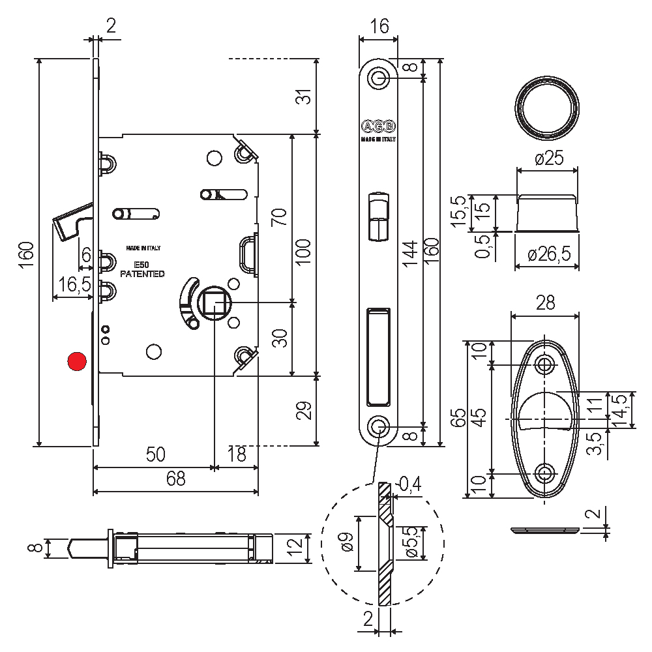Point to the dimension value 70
(x=280, y=216)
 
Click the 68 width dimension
(x=175, y=479)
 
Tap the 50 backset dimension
(x=155, y=454)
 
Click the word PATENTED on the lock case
(x=142, y=274)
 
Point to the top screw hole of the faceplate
(x=378, y=78)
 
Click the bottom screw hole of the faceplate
(x=378, y=426)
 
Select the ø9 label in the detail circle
(x=347, y=542)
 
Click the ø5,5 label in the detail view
(x=410, y=543)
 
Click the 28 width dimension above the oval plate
(x=545, y=303)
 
